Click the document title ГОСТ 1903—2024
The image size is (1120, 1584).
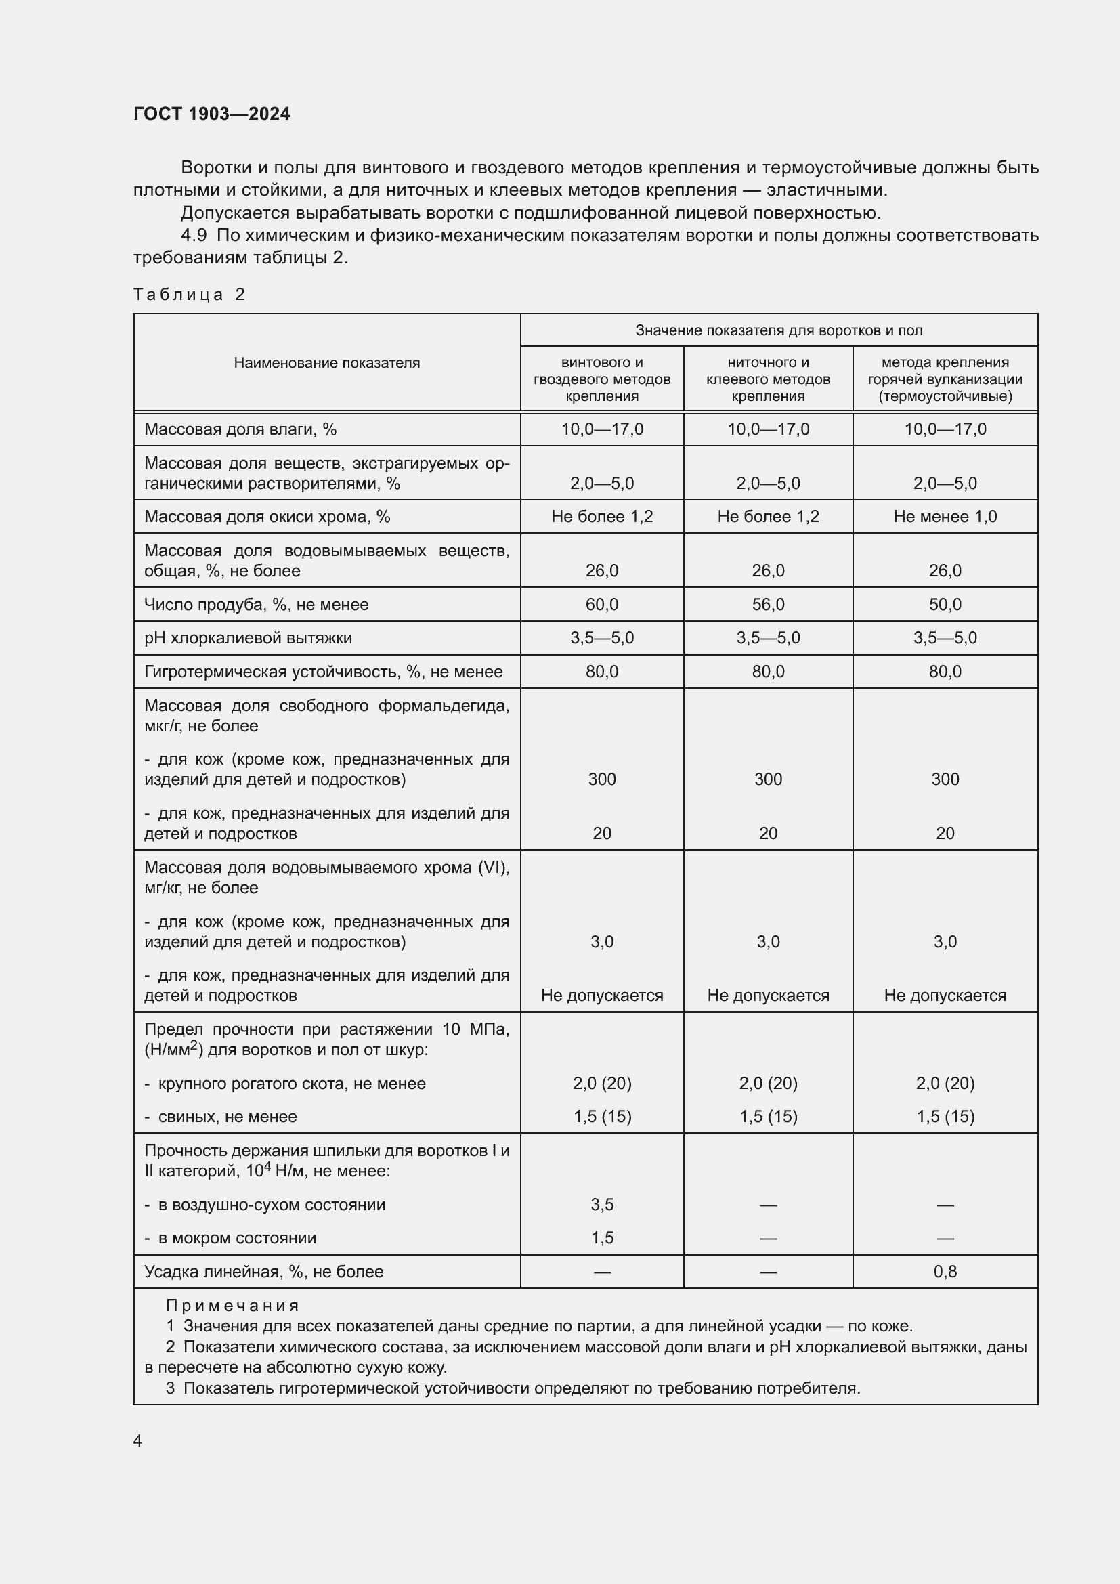212,114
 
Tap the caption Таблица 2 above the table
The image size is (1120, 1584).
189,295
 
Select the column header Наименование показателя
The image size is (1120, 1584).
326,363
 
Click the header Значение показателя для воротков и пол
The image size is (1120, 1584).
779,330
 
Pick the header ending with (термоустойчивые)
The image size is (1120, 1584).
945,396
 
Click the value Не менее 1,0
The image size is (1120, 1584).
945,517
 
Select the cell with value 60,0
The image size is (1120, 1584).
602,604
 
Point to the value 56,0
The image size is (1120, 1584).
769,604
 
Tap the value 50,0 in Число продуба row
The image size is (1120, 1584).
945,604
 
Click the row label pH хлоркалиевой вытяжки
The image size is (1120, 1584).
249,638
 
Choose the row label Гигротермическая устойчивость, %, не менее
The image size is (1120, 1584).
324,672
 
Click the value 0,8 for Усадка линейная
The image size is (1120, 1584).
945,1272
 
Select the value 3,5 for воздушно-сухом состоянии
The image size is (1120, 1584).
602,1205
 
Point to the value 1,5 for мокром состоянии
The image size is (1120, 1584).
602,1238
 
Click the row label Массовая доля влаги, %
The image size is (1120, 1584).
240,429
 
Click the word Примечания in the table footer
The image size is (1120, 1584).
232,1305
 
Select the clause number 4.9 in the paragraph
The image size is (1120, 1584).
194,235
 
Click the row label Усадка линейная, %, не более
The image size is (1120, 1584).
263,1272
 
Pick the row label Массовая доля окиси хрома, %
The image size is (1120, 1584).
267,517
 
